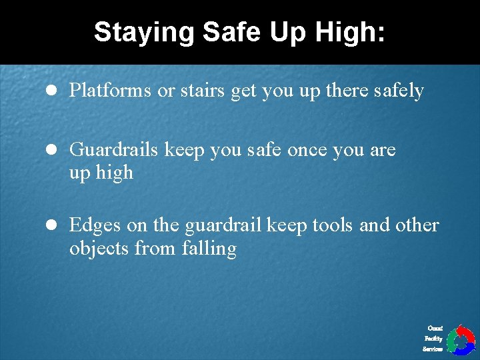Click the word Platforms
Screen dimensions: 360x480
[x=111, y=90]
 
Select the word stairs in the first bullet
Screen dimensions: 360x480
[x=202, y=90]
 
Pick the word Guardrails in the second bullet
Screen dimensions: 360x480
[x=114, y=149]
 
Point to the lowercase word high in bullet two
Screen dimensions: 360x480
[x=114, y=173]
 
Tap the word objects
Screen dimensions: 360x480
[x=99, y=249]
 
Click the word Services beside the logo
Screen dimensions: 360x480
[x=433, y=349]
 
